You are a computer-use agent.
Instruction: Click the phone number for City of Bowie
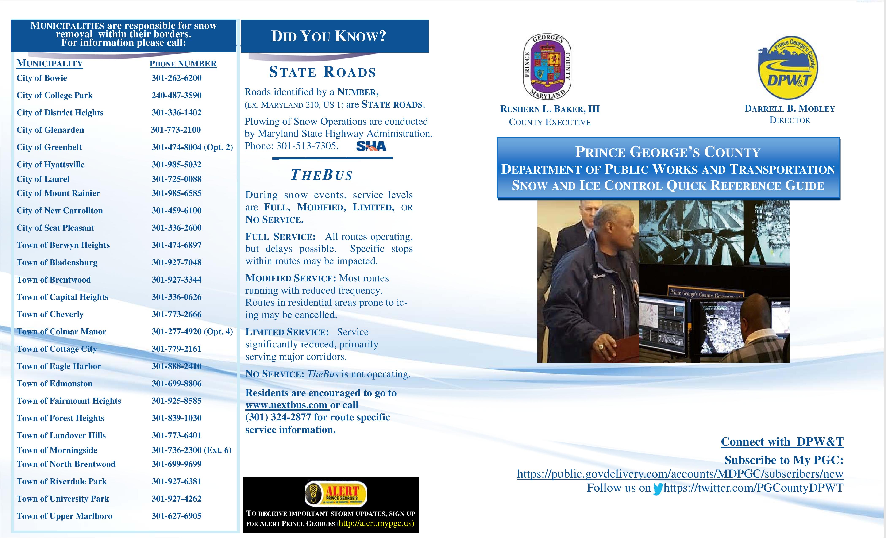point(177,78)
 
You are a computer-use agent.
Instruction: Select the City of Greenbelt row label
point(49,147)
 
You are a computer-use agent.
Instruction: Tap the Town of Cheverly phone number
point(177,314)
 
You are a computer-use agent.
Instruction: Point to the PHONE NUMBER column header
point(183,64)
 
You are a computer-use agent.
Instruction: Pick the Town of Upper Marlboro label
point(64,516)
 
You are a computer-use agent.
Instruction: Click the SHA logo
point(371,146)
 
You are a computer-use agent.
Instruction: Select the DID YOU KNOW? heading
point(328,36)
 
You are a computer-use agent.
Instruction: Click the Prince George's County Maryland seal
point(547,67)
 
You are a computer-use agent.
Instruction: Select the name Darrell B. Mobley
point(790,109)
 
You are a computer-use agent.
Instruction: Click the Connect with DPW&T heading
point(782,442)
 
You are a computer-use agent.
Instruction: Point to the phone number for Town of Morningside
point(191,450)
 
